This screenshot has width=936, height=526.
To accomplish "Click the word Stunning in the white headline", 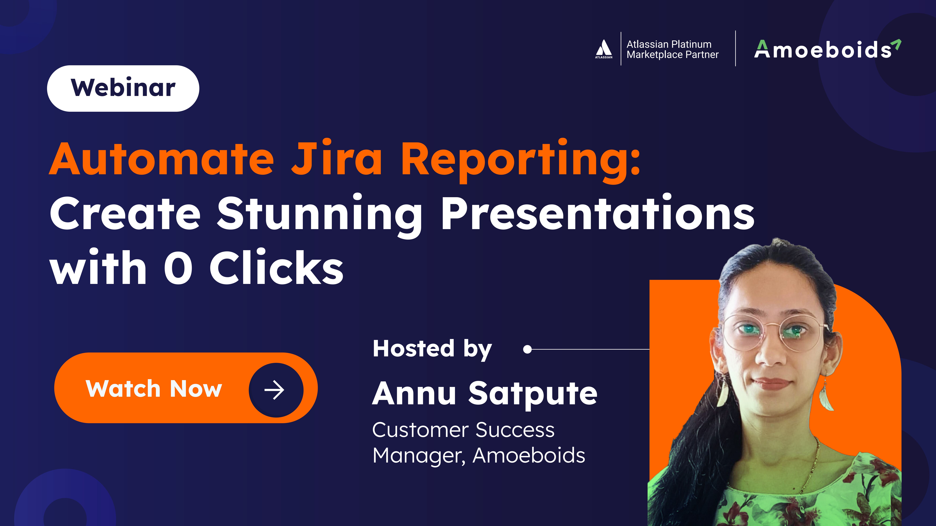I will [x=320, y=215].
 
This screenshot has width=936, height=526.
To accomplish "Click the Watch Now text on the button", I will [x=154, y=389].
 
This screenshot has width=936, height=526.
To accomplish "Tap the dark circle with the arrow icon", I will [x=276, y=390].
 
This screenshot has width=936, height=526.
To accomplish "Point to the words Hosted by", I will [x=432, y=349].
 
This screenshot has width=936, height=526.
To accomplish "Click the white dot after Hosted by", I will [x=528, y=349].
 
